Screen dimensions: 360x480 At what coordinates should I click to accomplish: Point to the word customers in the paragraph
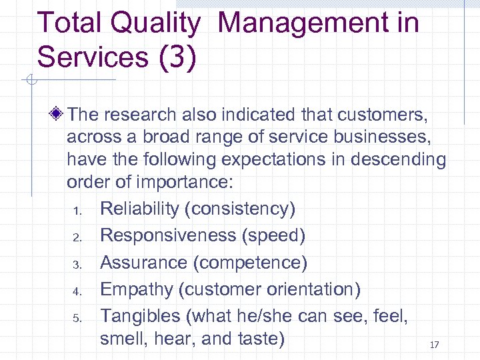385,115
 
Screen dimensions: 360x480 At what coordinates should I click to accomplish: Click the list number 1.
77,211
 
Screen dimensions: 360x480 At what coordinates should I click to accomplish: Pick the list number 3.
77,265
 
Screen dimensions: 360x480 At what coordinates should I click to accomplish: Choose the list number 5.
77,318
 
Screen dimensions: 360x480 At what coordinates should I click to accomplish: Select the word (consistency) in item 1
241,209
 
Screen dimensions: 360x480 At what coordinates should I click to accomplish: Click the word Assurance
143,263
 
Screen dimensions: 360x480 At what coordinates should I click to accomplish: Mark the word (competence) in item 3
250,263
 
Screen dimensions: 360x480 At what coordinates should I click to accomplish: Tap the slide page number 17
435,345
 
